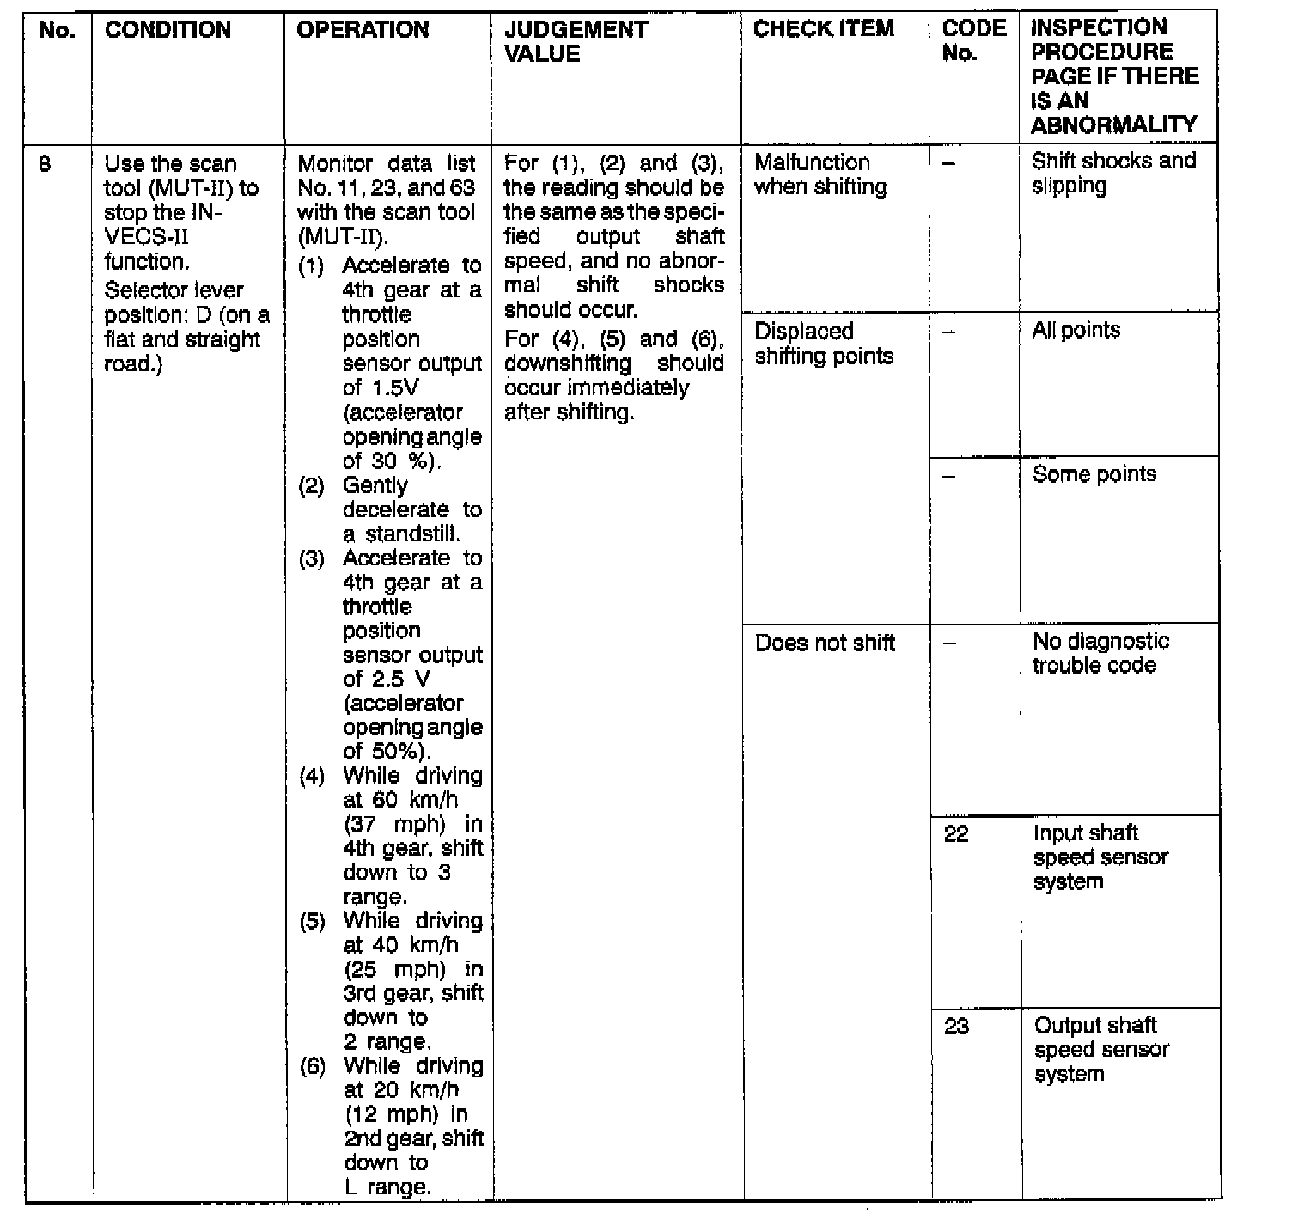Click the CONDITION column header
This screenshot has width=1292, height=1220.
pyautogui.click(x=168, y=30)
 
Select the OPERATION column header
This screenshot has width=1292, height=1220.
pyautogui.click(x=363, y=30)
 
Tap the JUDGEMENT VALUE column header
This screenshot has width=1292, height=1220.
pyautogui.click(x=576, y=41)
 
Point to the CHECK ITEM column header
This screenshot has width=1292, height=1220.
pyautogui.click(x=823, y=29)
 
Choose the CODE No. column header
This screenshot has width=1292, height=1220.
pyautogui.click(x=973, y=40)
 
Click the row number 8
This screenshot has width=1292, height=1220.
pyautogui.click(x=45, y=164)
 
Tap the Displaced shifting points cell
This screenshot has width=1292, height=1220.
pyautogui.click(x=823, y=344)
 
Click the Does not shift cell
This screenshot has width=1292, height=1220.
pyautogui.click(x=825, y=644)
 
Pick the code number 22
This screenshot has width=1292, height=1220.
pyautogui.click(x=956, y=834)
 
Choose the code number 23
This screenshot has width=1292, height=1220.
pyautogui.click(x=956, y=1027)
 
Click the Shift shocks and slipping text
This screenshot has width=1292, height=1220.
pyautogui.click(x=1113, y=174)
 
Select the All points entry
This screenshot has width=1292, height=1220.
pyautogui.click(x=1076, y=331)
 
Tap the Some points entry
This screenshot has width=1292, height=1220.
pyautogui.click(x=1094, y=474)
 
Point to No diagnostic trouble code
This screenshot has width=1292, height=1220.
pyautogui.click(x=1100, y=653)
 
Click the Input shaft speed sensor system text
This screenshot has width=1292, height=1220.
pyautogui.click(x=1100, y=857)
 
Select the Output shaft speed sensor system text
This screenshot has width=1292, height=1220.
pyautogui.click(x=1100, y=1049)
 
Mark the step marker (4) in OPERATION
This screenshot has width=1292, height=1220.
pyautogui.click(x=312, y=777)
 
